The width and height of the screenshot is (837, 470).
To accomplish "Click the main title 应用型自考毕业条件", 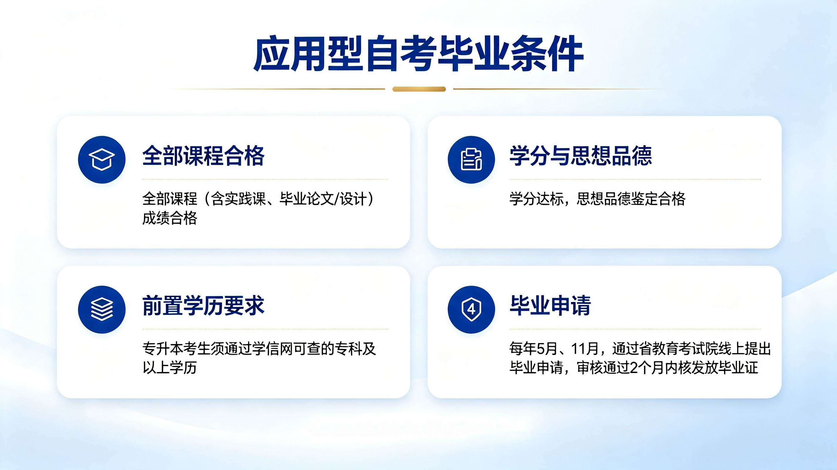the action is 418,53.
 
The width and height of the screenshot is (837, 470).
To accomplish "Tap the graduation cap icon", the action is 102,160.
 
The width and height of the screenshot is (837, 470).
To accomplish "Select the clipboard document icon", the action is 471,160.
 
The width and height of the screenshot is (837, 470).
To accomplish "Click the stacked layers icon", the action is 102,309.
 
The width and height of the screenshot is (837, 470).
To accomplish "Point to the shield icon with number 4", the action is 471,309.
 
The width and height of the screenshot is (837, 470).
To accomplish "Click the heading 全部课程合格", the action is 203,156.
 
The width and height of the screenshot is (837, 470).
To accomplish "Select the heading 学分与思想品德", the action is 581,156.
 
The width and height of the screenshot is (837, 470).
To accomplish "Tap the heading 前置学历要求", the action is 203,305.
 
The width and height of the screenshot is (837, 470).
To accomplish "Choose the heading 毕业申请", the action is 550,305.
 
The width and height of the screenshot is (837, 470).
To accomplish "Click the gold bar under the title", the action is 419,89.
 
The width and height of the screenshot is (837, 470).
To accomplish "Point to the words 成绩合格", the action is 170,218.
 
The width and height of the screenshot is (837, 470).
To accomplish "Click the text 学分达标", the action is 536,199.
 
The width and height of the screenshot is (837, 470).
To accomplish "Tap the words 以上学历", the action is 170,368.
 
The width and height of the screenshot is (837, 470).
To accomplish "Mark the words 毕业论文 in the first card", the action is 307,199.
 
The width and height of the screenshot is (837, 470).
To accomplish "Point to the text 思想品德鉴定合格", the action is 631,199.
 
